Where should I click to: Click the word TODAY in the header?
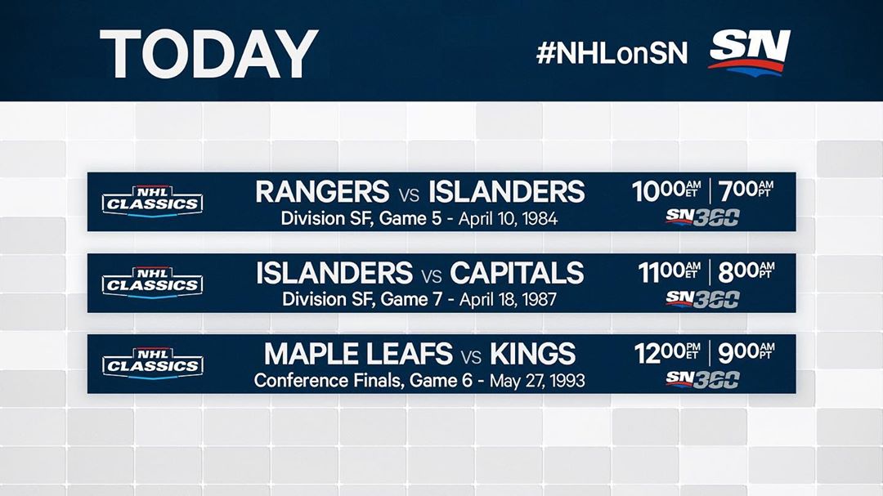[209, 54]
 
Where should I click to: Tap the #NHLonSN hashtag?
[612, 53]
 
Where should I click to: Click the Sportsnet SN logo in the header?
[750, 52]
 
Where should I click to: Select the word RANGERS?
[322, 192]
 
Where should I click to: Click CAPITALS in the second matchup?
[517, 273]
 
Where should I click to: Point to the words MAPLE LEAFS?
[358, 354]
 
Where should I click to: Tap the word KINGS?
[533, 354]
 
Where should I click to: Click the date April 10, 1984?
[508, 218]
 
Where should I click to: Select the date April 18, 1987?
[508, 300]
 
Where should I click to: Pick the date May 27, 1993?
[537, 381]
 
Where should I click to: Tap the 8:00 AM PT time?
[746, 272]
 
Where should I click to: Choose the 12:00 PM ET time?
[667, 354]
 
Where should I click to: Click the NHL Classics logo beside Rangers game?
[153, 202]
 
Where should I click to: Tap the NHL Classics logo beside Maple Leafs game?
[153, 364]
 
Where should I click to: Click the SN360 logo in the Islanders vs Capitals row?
[702, 300]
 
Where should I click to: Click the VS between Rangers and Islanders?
[409, 194]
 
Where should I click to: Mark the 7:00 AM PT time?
[746, 191]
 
